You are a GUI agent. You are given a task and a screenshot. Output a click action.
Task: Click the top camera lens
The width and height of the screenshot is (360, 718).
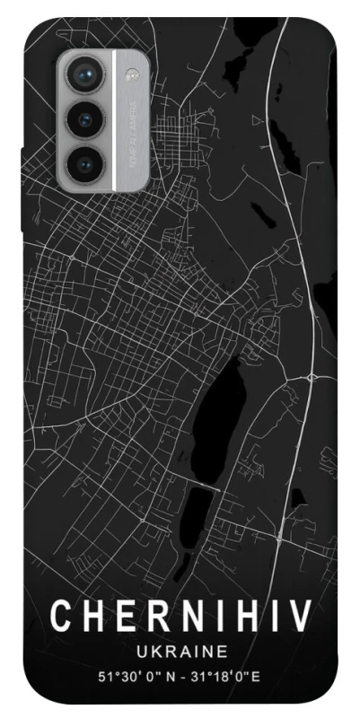pos(83,74)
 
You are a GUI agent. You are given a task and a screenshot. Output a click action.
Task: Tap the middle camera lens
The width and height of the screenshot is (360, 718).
pos(83,119)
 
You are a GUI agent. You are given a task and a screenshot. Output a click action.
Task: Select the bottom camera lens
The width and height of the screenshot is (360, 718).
pos(83,162)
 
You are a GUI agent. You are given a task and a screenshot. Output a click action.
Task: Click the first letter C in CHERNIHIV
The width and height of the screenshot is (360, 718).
pos(61,617)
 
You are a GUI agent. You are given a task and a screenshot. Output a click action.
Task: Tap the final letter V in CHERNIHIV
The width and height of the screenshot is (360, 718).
pos(301,617)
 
